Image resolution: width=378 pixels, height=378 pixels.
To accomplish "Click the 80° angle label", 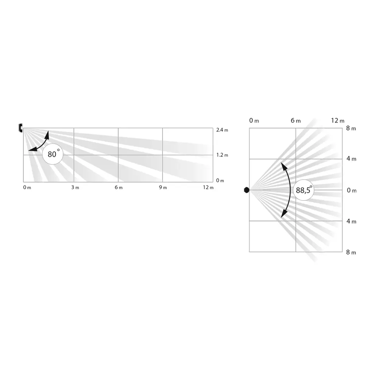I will (53, 155).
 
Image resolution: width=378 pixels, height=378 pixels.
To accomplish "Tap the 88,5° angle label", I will (304, 190).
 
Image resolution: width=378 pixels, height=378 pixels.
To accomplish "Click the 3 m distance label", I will (75, 188).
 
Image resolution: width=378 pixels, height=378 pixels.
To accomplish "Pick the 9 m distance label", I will (163, 188).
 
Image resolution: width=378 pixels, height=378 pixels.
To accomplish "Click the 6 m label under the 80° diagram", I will (119, 188).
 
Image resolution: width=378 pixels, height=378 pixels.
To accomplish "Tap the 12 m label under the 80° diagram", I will (208, 188).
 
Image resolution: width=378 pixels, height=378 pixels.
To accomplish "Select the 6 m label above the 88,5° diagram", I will (296, 121).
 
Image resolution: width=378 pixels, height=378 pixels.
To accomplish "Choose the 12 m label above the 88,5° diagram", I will (338, 121).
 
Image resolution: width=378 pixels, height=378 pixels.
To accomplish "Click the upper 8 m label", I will (351, 129).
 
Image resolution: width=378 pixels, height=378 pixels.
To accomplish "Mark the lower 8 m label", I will (351, 252).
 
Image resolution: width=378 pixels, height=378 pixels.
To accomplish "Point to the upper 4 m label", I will (351, 159).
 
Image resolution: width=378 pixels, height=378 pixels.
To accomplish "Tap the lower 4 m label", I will (351, 221).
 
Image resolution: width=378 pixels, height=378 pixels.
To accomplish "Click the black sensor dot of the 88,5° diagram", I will (246, 190).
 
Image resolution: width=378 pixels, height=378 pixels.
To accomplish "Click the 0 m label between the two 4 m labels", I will (351, 191).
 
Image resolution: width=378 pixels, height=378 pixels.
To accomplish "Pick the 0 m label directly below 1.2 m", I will (220, 180).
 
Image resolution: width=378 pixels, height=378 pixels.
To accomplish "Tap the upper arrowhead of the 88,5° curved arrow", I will (282, 165).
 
